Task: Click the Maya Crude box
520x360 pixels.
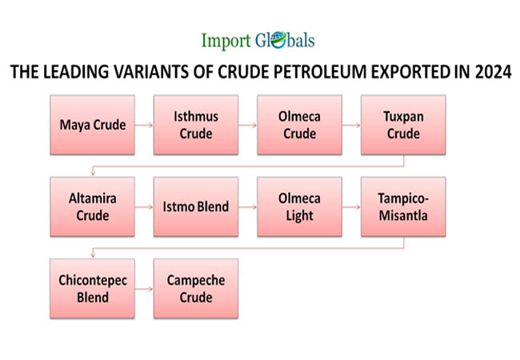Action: coord(93,125)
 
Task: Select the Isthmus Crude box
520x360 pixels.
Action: coord(196,125)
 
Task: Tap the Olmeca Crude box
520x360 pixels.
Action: coord(300,125)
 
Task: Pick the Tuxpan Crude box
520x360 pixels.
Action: coord(403,125)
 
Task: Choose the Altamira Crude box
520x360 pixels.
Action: coord(93,207)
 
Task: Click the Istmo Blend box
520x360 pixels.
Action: coord(196,207)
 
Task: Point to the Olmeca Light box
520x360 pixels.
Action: coord(300,207)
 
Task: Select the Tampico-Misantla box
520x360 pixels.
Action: coord(403,207)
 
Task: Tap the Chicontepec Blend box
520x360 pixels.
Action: coord(93,289)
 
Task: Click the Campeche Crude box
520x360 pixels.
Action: coord(196,289)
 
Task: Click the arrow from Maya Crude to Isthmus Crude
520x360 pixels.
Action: coord(144,125)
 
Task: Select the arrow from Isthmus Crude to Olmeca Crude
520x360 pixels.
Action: coord(248,125)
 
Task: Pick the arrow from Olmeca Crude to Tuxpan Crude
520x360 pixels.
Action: coord(351,125)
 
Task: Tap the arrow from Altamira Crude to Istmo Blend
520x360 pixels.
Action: coord(144,207)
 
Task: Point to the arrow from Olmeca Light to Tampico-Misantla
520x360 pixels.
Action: coord(351,207)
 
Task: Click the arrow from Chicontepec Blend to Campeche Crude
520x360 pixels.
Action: coord(144,289)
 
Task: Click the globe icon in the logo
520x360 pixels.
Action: coord(278,40)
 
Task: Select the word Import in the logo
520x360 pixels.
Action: coord(226,41)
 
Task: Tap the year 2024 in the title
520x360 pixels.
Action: coord(493,72)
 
